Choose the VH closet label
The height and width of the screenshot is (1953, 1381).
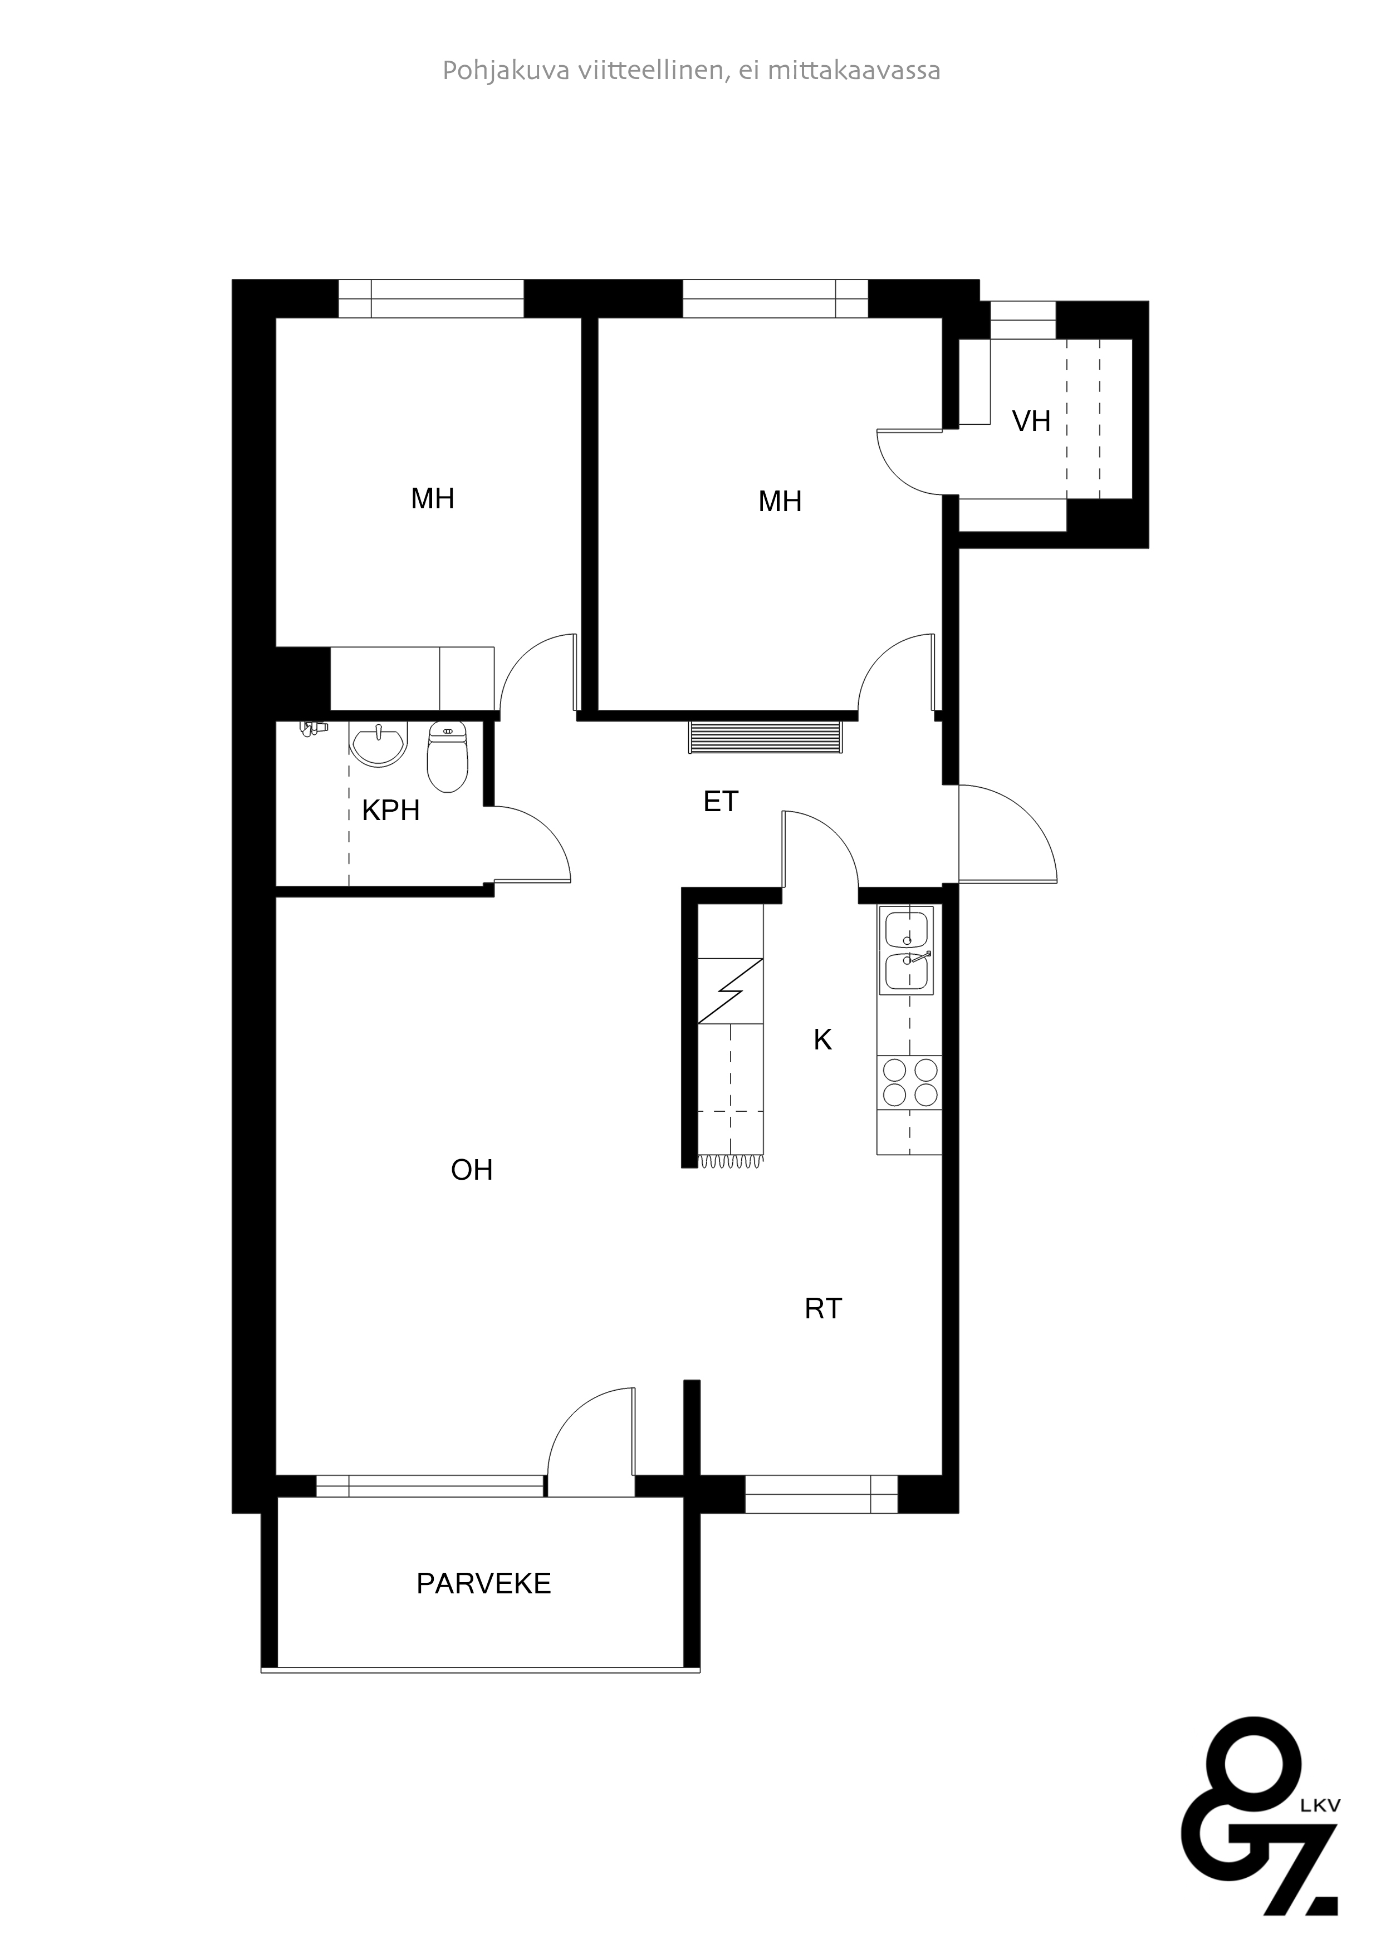[x=1031, y=421]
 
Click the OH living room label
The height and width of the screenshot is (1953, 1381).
[x=472, y=1170]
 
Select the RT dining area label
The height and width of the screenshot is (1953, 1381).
[x=823, y=1308]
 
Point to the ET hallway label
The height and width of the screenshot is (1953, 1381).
[x=721, y=801]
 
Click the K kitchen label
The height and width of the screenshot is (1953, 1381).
[x=822, y=1039]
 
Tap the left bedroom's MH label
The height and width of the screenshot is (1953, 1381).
[x=432, y=498]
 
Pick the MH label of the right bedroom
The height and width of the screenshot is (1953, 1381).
[x=780, y=502]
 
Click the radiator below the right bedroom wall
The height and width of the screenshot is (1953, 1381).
[x=766, y=737]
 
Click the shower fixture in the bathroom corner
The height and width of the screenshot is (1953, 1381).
[x=313, y=728]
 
